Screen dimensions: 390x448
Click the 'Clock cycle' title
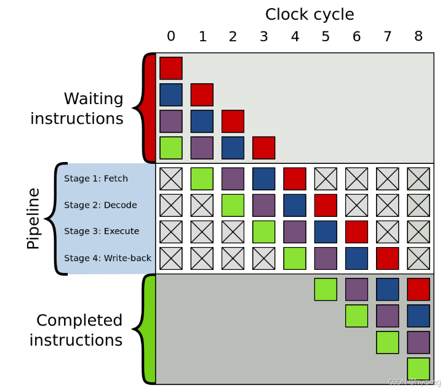click(x=310, y=14)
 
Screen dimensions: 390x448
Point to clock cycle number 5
click(x=326, y=37)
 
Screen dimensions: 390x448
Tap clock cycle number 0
click(x=171, y=37)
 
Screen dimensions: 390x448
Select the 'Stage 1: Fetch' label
click(x=96, y=179)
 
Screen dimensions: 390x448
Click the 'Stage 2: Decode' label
click(x=100, y=205)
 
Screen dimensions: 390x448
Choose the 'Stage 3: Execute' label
click(x=102, y=231)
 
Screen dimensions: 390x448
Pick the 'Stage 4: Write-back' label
click(x=108, y=258)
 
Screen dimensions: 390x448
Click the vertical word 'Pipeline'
click(x=33, y=219)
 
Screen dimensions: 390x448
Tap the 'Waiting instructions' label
click(x=77, y=108)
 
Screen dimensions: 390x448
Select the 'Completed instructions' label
click(x=76, y=330)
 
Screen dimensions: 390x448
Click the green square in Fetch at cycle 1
click(x=202, y=179)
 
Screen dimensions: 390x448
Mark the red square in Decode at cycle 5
click(x=326, y=205)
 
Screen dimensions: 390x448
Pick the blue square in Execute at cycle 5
click(x=326, y=232)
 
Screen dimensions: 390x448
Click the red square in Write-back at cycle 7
click(x=388, y=258)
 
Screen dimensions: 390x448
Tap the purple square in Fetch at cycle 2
click(x=233, y=179)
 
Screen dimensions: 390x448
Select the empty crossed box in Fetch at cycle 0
click(x=171, y=179)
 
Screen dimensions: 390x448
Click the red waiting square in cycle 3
click(x=263, y=148)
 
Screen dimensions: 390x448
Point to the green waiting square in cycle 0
click(x=171, y=148)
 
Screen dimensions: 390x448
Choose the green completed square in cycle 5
click(x=326, y=289)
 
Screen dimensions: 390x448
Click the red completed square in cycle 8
click(x=418, y=289)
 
